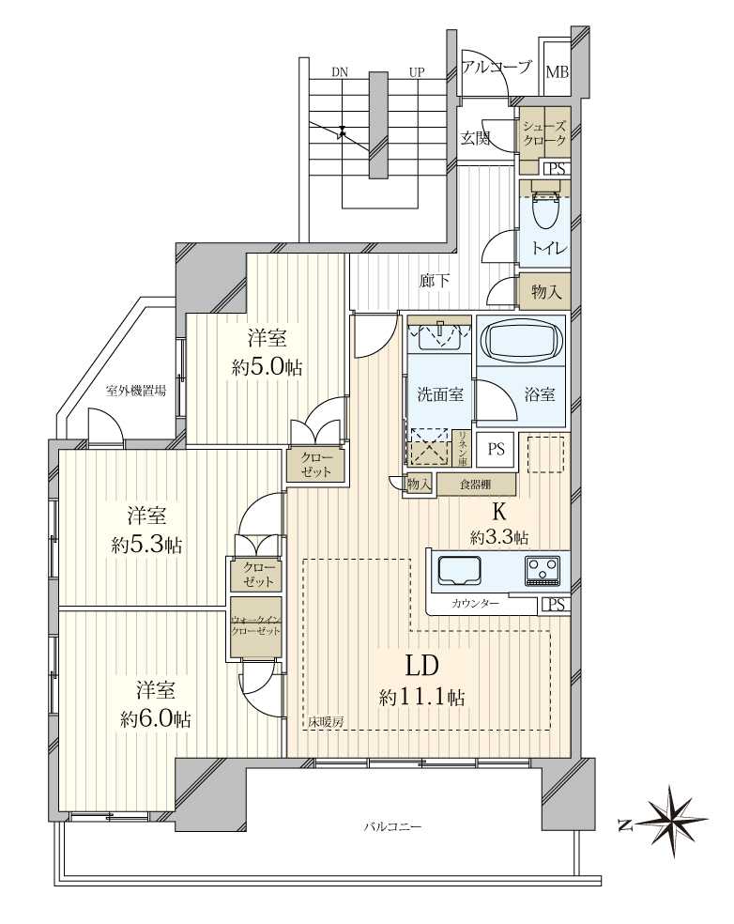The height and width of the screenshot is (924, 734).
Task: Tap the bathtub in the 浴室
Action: point(521,339)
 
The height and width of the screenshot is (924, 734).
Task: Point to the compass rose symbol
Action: point(671,822)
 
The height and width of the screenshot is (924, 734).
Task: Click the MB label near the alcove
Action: point(557,72)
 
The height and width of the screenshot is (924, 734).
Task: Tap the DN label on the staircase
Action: point(340,72)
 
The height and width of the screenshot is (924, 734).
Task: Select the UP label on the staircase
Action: point(417,72)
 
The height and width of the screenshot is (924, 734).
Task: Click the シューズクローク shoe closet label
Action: point(545,132)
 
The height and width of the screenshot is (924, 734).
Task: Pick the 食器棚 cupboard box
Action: point(475,485)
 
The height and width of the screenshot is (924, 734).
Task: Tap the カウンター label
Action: point(475,604)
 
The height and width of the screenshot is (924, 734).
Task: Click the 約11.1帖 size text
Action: point(421,699)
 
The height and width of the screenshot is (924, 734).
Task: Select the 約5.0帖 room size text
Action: point(267,368)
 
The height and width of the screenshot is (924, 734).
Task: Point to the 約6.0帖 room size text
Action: point(156,719)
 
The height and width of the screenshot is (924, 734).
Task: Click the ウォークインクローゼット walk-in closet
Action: point(255,627)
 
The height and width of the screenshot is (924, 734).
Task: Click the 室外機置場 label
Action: point(135,390)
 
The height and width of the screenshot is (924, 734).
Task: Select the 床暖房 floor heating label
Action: point(325,721)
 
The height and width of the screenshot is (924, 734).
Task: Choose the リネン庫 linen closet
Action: point(463,446)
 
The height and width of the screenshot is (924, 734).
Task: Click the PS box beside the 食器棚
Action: point(496,450)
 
